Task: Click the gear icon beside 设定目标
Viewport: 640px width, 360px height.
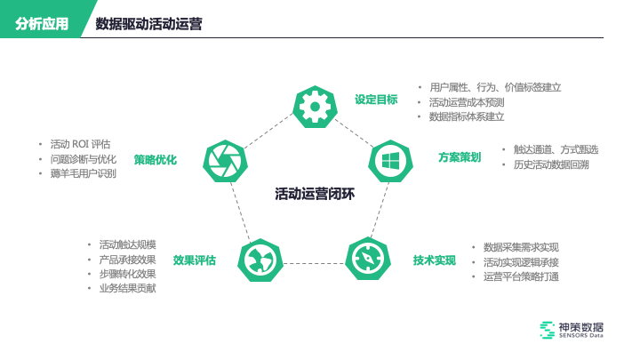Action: pos(315,106)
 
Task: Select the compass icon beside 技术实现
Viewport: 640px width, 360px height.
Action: pos(367,259)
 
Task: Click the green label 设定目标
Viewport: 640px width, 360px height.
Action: pos(376,100)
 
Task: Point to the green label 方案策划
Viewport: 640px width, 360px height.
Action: pos(460,157)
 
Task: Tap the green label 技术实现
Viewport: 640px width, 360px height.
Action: pos(435,260)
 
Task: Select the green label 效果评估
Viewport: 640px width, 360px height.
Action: pos(194,260)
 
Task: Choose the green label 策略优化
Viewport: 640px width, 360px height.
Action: pos(156,160)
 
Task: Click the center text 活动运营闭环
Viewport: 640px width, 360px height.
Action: pos(315,193)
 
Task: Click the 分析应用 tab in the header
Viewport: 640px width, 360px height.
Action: pos(42,24)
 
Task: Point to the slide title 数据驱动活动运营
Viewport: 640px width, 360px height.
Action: pos(148,24)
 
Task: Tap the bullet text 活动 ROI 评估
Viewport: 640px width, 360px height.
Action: pos(80,144)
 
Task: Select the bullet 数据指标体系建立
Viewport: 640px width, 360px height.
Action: pos(467,116)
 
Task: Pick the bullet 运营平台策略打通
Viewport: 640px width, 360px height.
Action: pos(521,276)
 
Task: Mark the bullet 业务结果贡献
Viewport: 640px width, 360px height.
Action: pos(127,288)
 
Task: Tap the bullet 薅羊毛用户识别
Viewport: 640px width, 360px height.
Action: pos(83,173)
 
